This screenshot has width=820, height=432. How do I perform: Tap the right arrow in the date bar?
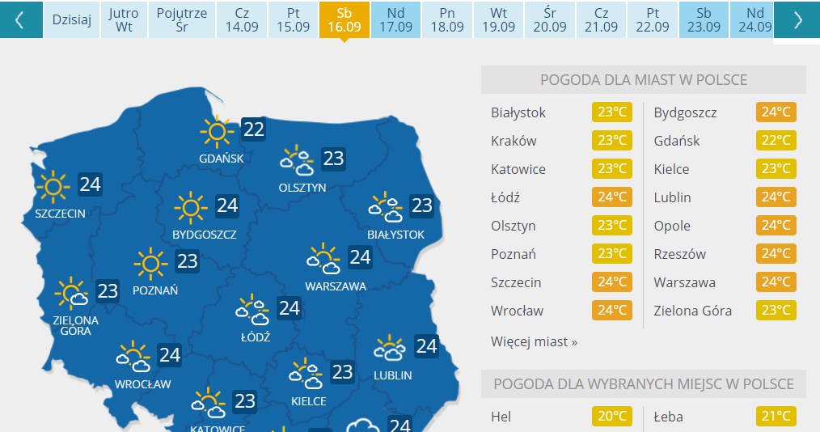[x=797, y=19]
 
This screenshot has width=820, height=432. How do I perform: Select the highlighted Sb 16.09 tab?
[x=344, y=19]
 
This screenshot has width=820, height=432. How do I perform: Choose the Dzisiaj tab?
[x=72, y=19]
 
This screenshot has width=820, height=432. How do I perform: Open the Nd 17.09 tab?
[x=395, y=19]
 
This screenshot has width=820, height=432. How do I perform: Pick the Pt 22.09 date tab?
[x=653, y=19]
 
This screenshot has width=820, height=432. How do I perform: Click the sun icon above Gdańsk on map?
[x=216, y=129]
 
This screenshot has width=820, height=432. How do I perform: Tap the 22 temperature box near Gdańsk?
[x=253, y=129]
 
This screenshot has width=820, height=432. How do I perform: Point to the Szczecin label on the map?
[x=60, y=214]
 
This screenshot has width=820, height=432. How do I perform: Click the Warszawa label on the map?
[x=336, y=286]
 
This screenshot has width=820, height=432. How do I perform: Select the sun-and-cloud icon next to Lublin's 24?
[x=390, y=349]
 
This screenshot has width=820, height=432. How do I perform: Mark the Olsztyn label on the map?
[x=302, y=188]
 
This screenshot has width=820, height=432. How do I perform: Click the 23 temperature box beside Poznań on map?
[x=188, y=261]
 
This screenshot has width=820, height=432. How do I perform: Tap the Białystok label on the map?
[x=395, y=235]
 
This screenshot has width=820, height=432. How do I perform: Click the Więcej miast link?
[x=534, y=341]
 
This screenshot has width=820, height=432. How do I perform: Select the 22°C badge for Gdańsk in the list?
[x=776, y=141]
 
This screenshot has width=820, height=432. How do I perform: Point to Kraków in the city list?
[x=514, y=141]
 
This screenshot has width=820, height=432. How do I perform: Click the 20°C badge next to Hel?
[x=612, y=417]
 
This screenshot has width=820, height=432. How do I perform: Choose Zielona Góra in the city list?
[x=693, y=311]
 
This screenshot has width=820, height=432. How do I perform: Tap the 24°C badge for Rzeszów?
[x=776, y=254]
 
